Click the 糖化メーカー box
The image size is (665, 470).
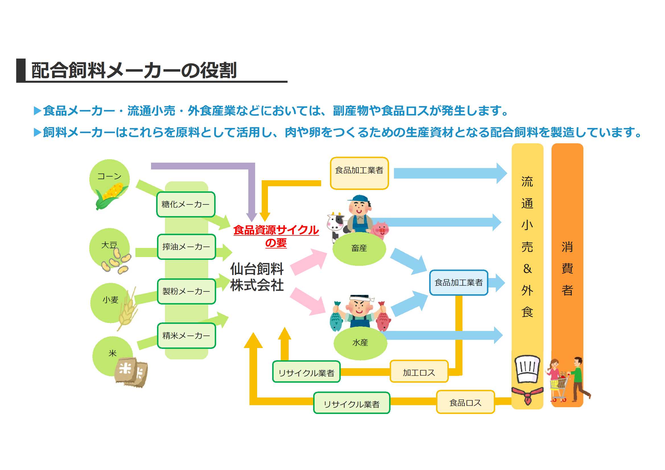[186, 204]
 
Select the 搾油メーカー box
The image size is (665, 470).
[187, 247]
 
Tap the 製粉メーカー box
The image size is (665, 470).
[187, 291]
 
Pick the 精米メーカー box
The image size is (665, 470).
[187, 336]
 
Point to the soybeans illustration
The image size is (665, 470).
[116, 262]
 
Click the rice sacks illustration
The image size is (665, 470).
[132, 372]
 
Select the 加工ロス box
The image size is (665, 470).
[419, 372]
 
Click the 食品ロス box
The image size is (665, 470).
[465, 402]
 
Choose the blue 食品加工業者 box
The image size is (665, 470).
[459, 283]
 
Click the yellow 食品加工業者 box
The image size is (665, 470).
[359, 173]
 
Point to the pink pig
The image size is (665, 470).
[380, 230]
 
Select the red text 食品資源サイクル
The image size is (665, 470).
[276, 230]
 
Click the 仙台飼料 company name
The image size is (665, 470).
[257, 269]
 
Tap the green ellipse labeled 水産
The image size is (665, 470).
[360, 343]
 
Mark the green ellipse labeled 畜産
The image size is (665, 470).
[359, 249]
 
